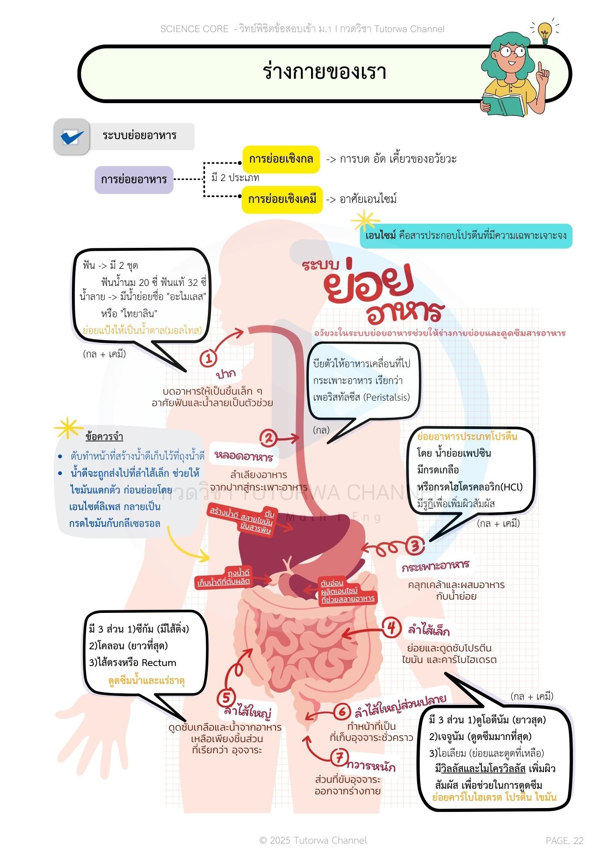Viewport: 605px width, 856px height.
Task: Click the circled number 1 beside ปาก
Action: tap(209, 358)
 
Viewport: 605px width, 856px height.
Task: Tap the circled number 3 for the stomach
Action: tap(415, 546)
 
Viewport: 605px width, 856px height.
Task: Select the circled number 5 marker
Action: tap(226, 698)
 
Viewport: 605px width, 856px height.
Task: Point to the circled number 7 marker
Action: tap(339, 758)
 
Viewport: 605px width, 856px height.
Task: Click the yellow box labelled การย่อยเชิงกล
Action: tap(281, 159)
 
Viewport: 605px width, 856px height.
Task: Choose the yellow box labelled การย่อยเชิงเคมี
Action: tap(282, 199)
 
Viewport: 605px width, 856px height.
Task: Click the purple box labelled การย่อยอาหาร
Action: tap(133, 179)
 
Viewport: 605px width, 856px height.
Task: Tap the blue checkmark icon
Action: tap(72, 137)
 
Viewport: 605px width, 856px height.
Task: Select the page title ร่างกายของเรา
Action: tap(324, 72)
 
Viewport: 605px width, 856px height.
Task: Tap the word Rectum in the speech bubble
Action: tap(159, 663)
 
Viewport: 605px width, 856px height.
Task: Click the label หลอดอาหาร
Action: tap(243, 456)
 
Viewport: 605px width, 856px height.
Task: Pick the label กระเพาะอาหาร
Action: tap(435, 566)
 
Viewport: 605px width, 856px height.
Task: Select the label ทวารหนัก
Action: tap(371, 766)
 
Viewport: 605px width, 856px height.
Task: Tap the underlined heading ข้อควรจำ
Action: tap(104, 437)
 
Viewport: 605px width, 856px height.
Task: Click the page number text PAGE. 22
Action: tap(564, 841)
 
